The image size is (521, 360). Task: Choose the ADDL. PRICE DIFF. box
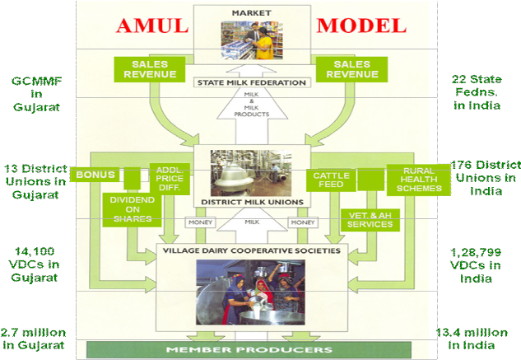[173, 180]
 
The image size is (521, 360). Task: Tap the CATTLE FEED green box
[331, 180]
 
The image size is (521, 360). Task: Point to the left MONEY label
[203, 223]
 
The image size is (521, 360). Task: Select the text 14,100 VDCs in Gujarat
[34, 263]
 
